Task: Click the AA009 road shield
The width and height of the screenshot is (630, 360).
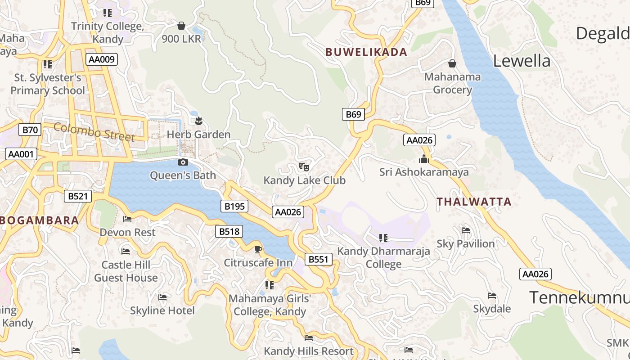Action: [102, 59]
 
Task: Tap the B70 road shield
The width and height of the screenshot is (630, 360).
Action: [30, 130]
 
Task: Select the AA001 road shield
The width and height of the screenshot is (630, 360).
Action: [21, 154]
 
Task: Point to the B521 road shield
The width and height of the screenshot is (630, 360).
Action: [77, 196]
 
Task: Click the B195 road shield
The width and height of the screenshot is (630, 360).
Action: [234, 207]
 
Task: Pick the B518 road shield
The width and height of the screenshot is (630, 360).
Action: [229, 232]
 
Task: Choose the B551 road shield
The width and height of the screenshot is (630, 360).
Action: [319, 259]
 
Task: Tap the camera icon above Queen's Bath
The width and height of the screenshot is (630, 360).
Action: [183, 162]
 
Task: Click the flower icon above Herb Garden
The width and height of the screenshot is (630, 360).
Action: [198, 121]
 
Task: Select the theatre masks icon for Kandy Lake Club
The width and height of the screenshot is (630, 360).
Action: [304, 167]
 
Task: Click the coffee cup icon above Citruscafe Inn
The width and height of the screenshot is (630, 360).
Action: [258, 249]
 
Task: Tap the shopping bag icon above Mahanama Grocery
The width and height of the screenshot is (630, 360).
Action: [452, 63]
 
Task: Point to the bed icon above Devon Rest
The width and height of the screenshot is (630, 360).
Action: [127, 219]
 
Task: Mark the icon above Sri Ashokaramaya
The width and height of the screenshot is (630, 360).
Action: [423, 159]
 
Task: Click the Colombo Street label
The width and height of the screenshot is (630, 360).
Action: [94, 131]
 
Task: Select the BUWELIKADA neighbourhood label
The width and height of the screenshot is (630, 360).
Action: [366, 52]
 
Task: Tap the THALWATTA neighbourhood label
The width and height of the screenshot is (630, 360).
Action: [474, 202]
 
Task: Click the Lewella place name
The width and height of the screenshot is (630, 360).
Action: [522, 61]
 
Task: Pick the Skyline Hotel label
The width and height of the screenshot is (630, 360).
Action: [162, 310]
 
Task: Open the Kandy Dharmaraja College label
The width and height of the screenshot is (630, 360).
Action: [384, 257]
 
